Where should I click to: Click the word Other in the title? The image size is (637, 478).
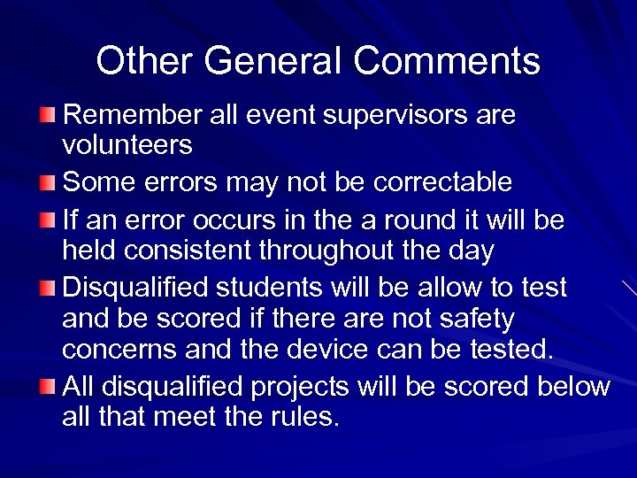pos(143,62)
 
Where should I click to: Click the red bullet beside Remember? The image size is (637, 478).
pos(48,116)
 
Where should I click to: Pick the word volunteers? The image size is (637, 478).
pos(127,143)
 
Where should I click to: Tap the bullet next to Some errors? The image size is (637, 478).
pos(48,183)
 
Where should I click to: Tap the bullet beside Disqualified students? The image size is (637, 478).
pos(48,289)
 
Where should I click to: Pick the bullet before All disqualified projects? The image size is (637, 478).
pos(48,388)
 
